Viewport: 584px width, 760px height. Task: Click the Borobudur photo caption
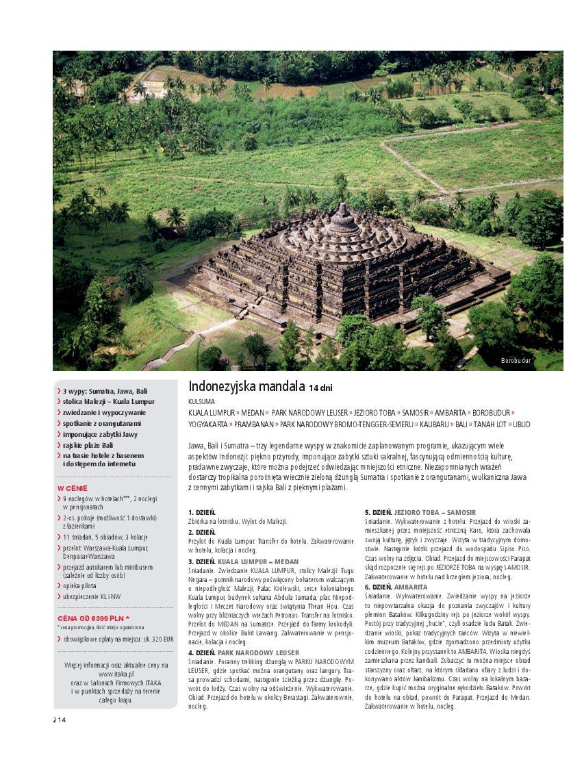(x=516, y=360)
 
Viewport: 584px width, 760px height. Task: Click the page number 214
(x=60, y=719)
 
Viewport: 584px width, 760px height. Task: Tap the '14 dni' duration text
(x=320, y=388)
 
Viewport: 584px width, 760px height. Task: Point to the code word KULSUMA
(x=201, y=402)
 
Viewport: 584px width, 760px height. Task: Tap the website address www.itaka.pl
(x=116, y=674)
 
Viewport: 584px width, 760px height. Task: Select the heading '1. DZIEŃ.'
(x=202, y=512)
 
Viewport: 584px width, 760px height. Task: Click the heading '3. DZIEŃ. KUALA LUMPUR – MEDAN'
(x=243, y=561)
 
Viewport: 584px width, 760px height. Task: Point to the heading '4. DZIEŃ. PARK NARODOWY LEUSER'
(x=243, y=653)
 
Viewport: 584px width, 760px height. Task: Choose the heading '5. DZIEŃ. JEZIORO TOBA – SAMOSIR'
(x=420, y=512)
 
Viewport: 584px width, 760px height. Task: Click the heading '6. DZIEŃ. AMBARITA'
(x=396, y=587)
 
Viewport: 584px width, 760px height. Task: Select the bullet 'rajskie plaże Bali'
(x=88, y=445)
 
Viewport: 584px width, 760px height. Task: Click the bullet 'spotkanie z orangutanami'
(x=102, y=423)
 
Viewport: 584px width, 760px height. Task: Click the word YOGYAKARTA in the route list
(x=207, y=425)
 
